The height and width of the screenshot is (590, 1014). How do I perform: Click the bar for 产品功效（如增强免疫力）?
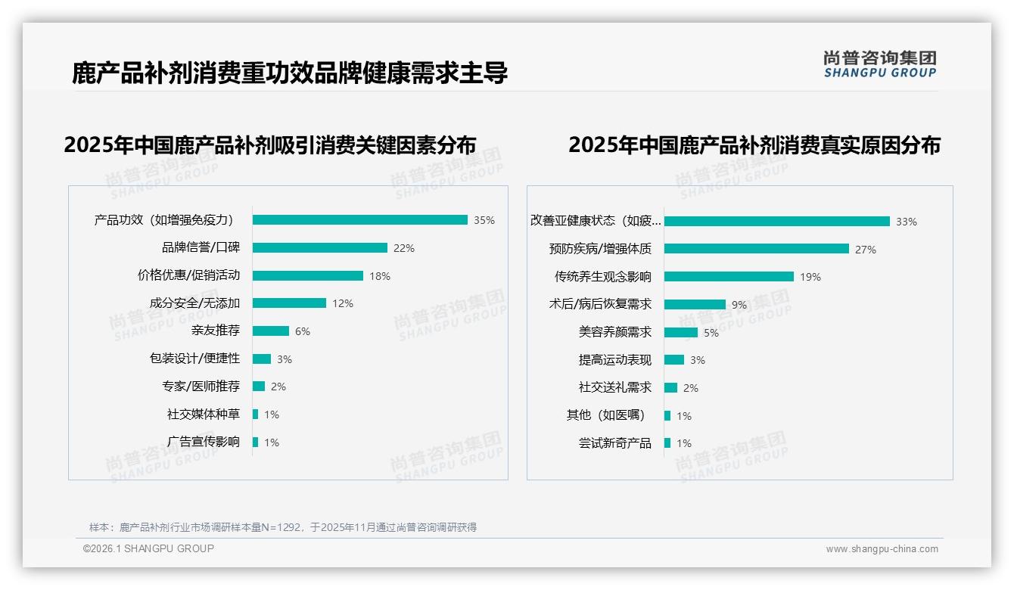pyautogui.click(x=359, y=220)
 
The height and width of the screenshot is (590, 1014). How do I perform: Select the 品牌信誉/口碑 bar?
pyautogui.click(x=319, y=248)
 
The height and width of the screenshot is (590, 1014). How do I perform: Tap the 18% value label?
pyautogui.click(x=380, y=276)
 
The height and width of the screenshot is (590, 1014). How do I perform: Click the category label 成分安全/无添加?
pyautogui.click(x=194, y=303)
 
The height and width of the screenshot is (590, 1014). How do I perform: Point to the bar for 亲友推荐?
pyautogui.click(x=270, y=331)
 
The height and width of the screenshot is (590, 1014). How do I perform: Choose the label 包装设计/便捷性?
pyautogui.click(x=194, y=359)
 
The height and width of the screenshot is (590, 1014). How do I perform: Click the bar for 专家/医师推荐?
pyautogui.click(x=259, y=387)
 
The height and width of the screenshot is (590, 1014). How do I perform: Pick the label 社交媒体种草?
pyautogui.click(x=204, y=415)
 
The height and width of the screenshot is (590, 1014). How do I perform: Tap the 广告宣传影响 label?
pyautogui.click(x=204, y=442)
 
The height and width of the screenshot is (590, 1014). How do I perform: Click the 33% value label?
pyautogui.click(x=907, y=222)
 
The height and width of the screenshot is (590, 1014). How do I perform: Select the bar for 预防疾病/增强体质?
pyautogui.click(x=756, y=249)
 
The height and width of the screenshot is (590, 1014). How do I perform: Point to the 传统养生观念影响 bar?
pyautogui.click(x=729, y=277)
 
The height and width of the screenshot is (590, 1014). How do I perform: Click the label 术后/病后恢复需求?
pyautogui.click(x=600, y=304)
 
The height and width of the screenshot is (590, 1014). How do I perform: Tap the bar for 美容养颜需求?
pyautogui.click(x=681, y=332)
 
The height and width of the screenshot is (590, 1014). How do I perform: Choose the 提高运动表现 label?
pyautogui.click(x=615, y=360)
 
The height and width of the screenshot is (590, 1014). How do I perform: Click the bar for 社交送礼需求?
pyautogui.click(x=670, y=388)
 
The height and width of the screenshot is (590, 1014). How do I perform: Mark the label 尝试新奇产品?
pyautogui.click(x=615, y=443)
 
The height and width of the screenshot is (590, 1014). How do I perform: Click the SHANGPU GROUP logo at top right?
pyautogui.click(x=880, y=64)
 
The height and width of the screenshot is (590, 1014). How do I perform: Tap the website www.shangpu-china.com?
pyautogui.click(x=882, y=549)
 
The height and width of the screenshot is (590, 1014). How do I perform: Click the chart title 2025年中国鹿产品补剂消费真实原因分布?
pyautogui.click(x=754, y=145)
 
